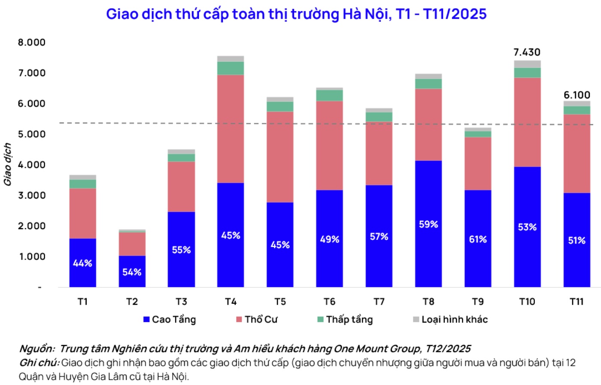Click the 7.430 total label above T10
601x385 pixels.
coord(527,52)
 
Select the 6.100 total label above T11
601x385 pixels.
coord(577,95)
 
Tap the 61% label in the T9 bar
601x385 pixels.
coord(478,239)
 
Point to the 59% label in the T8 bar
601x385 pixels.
coord(428,224)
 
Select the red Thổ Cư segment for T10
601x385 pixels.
coord(527,122)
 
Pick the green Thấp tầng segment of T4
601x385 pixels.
coord(231,68)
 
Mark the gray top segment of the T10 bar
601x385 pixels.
coord(527,64)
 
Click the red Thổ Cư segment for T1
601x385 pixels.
coord(82,213)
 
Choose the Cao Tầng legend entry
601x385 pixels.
coord(170,320)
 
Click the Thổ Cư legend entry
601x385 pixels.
coord(257,320)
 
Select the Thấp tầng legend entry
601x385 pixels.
coord(345,320)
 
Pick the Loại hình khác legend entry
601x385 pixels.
coord(450,320)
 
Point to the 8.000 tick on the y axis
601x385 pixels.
coord(31,43)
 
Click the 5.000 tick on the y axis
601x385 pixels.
coord(31,134)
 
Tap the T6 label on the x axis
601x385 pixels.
coord(329,302)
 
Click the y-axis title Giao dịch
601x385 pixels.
coord(7,165)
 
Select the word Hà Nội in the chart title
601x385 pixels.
coord(365,14)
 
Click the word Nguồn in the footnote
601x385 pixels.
coord(36,348)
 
